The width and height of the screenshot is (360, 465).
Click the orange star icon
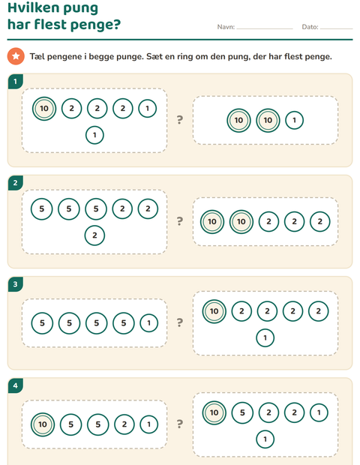point(16,56)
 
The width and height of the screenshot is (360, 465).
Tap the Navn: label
point(226,27)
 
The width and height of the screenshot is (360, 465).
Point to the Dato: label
point(310,27)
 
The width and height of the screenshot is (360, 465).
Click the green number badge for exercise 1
point(16,82)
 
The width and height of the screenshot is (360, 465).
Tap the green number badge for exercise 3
point(16,284)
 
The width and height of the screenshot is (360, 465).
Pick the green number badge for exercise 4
point(16,385)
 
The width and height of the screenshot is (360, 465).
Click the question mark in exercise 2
point(180,221)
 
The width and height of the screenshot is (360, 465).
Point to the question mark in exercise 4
point(180,424)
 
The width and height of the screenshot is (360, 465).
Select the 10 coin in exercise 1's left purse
point(44,109)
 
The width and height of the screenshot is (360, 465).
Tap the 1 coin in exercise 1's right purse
point(294,121)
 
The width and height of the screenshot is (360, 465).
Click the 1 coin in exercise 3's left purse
point(148,323)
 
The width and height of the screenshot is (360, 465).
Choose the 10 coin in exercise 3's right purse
point(214,311)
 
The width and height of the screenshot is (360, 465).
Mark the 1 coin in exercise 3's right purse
point(265,337)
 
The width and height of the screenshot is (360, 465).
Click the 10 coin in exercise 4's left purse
point(43,424)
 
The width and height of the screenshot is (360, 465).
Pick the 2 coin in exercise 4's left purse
point(124,424)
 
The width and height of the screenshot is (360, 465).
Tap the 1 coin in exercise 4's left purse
point(148,424)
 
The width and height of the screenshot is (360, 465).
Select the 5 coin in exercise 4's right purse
point(242,412)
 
